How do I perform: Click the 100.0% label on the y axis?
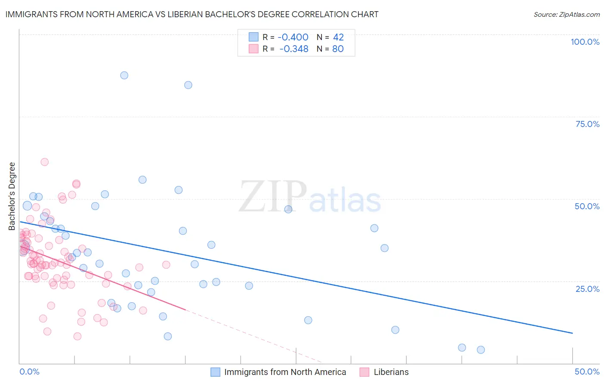coord(585,42)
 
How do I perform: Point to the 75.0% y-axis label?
coord(587,124)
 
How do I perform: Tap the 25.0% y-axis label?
coord(587,288)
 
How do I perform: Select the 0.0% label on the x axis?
coord(29,372)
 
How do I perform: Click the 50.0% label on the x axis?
coord(587,372)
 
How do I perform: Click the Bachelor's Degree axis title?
coord(12,196)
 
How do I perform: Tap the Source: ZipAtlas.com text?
coord(566,15)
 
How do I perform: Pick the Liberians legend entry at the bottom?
coord(391,372)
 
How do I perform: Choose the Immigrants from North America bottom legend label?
coord(285,372)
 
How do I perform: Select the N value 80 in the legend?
coord(338,49)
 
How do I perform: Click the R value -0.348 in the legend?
coord(293,49)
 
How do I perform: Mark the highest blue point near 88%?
coord(124,75)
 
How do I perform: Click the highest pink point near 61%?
coord(44,162)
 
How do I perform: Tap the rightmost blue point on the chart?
coord(481,350)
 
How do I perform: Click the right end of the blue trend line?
coord(572,333)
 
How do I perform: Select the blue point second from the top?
coord(188,85)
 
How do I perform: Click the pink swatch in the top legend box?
coord(253,49)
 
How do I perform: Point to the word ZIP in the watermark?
coord(273,197)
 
